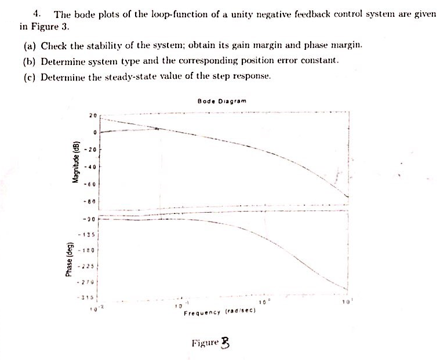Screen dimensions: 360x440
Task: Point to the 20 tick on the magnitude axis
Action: pyautogui.click(x=92, y=115)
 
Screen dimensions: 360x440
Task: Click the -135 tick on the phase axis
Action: pyautogui.click(x=90, y=235)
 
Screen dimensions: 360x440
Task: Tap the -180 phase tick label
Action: pyautogui.click(x=90, y=250)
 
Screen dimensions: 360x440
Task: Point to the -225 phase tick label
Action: pyautogui.click(x=90, y=266)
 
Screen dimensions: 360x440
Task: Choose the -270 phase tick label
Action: pyautogui.click(x=90, y=282)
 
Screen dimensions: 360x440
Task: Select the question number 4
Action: pyautogui.click(x=36, y=13)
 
